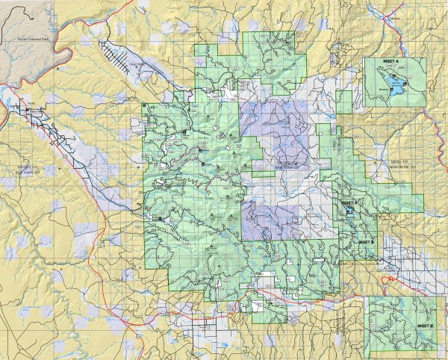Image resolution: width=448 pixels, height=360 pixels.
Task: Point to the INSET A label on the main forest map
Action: pyautogui.click(x=349, y=202)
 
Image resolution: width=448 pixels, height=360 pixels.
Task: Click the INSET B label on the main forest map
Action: pyautogui.click(x=366, y=243)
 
